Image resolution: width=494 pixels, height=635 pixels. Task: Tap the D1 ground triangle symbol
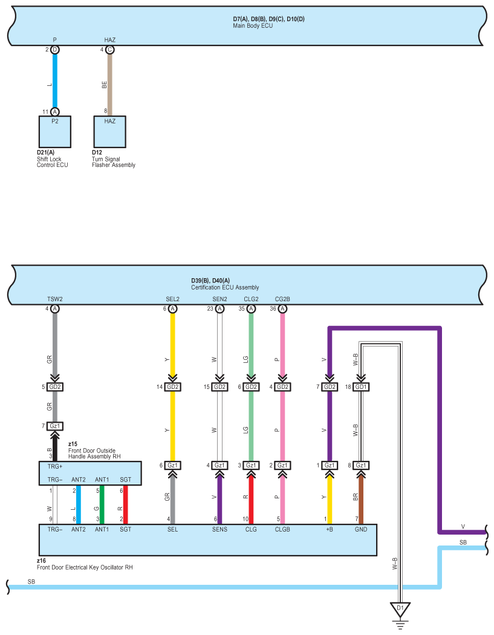coord(398,608)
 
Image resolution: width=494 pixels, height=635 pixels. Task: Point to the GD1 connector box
coord(361,387)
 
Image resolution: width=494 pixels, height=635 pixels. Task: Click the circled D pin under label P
coord(55,50)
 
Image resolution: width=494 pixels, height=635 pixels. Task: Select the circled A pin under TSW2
coord(55,308)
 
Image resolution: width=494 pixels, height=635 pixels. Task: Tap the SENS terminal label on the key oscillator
coord(219,530)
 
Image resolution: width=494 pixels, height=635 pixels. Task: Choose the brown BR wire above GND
coord(361,496)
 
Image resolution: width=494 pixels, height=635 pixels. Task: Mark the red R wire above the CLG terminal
coord(251,496)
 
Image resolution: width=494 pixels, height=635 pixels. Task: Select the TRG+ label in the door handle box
coord(55,467)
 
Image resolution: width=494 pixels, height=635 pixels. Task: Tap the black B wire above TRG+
coord(55,446)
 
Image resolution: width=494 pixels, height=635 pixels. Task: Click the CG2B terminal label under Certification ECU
coord(282,299)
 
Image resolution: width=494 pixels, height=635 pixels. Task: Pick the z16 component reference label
coord(41,561)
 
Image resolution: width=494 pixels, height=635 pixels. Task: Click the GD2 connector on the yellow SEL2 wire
coord(172,387)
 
